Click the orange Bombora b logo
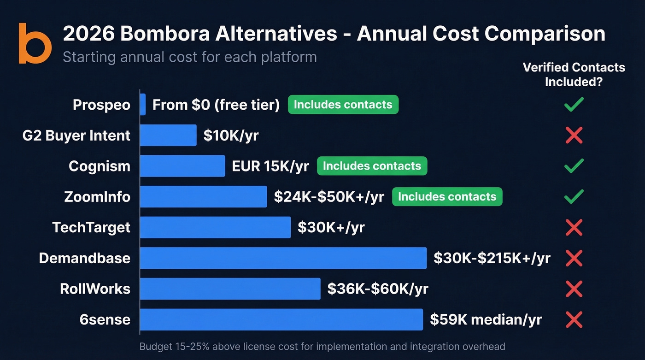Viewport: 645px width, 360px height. pos(35,43)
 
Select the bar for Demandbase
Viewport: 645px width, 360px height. pos(283,258)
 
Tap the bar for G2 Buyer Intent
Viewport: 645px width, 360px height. pos(168,136)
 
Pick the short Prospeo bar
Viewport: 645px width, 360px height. pos(143,105)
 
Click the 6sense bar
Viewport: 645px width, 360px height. pos(281,319)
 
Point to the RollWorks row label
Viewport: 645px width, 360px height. pos(95,289)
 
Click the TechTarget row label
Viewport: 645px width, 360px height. pos(91,227)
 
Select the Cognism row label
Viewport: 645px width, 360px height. pos(100,166)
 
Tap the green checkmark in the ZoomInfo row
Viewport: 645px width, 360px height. pos(574,196)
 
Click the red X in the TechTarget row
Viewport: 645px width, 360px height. pos(574,227)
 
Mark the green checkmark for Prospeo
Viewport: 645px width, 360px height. pos(574,105)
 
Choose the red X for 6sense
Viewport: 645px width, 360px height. pos(574,319)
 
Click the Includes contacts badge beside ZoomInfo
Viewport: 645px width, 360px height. pos(447,197)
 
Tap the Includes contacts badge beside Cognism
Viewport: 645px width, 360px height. pos(372,166)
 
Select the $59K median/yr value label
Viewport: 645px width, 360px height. pos(486,319)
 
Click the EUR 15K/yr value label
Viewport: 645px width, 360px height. pos(270,166)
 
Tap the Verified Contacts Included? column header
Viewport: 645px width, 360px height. pos(574,75)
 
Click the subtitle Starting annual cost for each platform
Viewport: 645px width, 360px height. pos(189,57)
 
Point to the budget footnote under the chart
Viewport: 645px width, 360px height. pos(322,347)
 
